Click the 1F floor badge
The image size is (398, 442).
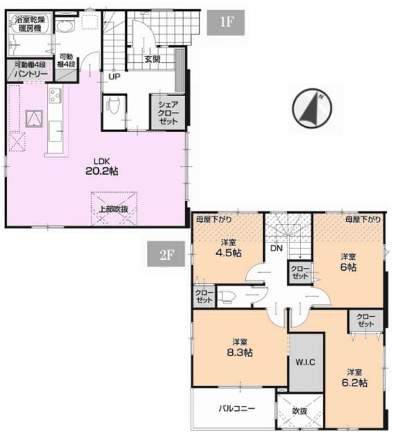(x=225, y=23)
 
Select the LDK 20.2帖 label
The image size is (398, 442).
(x=102, y=166)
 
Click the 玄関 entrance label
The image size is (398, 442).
(x=152, y=59)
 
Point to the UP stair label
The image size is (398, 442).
(x=115, y=77)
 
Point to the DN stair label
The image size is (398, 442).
(x=276, y=249)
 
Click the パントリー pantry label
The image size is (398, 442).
(x=30, y=74)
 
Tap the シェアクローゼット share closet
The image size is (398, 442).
(x=168, y=113)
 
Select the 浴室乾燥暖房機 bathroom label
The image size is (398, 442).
(x=30, y=23)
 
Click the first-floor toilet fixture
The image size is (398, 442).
(x=113, y=106)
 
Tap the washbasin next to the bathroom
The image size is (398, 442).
(x=65, y=26)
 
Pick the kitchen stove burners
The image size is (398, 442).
(x=55, y=95)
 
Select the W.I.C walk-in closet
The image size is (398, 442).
(x=305, y=362)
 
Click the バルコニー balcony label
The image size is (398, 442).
(x=236, y=408)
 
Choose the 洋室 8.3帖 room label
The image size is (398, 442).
(x=240, y=348)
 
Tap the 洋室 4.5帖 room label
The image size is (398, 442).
(x=229, y=248)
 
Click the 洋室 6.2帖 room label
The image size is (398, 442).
(x=354, y=378)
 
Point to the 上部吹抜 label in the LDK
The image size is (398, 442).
(x=114, y=209)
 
